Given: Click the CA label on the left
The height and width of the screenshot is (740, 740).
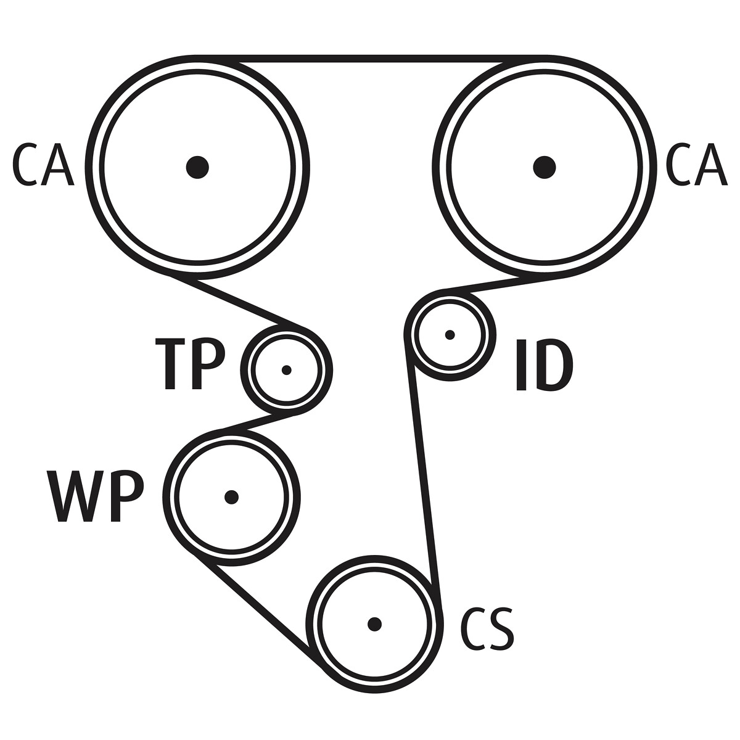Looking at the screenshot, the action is tap(43, 165).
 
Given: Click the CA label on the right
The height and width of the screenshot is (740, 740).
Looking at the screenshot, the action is tap(697, 165).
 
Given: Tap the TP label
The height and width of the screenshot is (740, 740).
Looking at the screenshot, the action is tap(189, 364).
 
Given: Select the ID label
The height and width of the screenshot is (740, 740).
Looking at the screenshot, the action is tap(544, 365).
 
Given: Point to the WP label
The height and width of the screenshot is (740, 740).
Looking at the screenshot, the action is tap(95, 496).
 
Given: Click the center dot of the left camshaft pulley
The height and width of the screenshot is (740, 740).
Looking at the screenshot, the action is tap(197, 167).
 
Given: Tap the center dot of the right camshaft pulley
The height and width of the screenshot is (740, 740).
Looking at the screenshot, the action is tap(544, 167).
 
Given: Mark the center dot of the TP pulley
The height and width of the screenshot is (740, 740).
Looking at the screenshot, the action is tap(286, 370).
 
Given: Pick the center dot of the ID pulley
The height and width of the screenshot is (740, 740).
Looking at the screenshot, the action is tap(450, 335).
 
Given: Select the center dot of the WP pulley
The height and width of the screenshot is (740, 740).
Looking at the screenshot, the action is tap(231, 497).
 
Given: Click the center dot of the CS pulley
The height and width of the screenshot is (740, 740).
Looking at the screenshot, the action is tap(374, 624).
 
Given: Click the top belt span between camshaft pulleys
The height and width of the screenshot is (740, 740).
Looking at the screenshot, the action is tap(371, 59).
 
